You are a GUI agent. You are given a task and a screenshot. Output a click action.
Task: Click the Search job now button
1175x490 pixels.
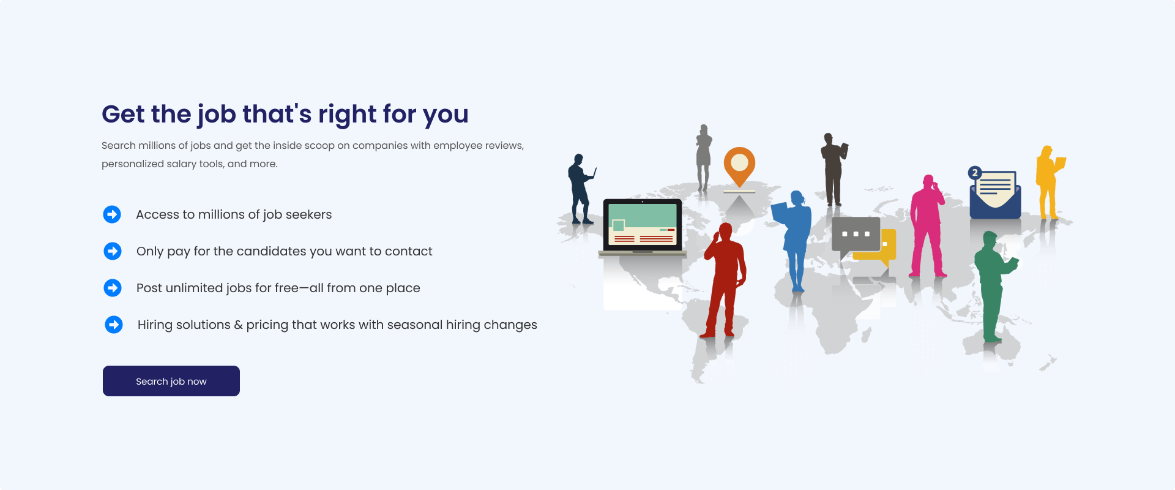171,381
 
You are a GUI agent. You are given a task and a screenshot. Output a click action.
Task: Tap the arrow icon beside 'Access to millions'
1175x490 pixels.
112,214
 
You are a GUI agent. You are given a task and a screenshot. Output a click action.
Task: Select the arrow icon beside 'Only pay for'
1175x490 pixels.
113,251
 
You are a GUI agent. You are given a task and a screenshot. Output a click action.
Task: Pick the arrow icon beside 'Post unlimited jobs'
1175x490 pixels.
113,288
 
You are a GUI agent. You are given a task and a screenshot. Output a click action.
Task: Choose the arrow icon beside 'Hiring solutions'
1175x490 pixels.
114,325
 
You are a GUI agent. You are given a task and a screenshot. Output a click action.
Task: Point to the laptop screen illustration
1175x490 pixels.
643,225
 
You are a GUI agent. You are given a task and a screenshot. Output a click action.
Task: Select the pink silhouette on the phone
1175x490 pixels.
927,227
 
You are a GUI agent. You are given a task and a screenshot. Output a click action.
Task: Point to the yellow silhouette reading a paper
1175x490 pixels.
1049,183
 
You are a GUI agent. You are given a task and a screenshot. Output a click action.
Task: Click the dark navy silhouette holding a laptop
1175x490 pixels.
580,189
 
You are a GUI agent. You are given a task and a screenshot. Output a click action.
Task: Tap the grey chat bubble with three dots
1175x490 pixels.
856,236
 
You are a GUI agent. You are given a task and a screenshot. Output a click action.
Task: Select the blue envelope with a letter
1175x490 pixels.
995,195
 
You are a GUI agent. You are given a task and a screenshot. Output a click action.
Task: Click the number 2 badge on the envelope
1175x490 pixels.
975,173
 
